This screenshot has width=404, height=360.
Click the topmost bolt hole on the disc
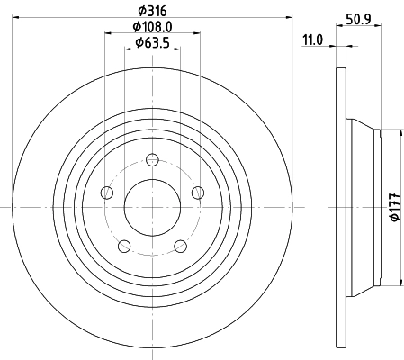pos(152,160)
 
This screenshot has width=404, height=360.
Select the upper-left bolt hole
pos(107,192)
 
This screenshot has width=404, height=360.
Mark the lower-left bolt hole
pos(124,245)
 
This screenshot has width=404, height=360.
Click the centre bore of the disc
pos(152,206)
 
